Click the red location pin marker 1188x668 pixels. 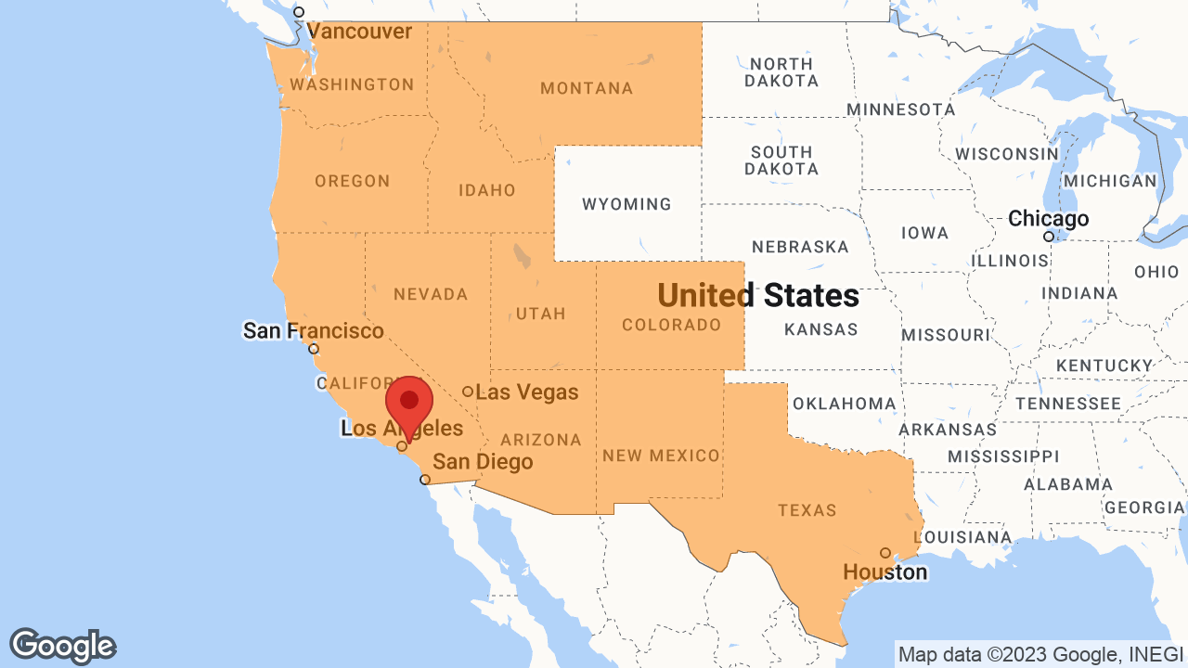(408, 405)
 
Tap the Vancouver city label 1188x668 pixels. (359, 32)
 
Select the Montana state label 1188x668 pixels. (587, 89)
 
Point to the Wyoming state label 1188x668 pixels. (626, 204)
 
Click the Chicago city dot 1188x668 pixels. (1049, 237)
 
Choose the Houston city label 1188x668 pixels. (885, 572)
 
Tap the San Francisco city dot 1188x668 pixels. (314, 350)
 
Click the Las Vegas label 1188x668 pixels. (526, 392)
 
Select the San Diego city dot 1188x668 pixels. (425, 480)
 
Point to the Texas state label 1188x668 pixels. (807, 510)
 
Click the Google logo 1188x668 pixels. (62, 646)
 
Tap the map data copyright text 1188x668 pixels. (1040, 654)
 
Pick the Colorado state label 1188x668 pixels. (671, 325)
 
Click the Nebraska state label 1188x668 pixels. (800, 247)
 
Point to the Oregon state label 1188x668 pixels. (352, 181)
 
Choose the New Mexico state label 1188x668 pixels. (661, 456)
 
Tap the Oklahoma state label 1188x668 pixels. (844, 404)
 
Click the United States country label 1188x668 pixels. (758, 296)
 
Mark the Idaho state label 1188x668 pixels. (486, 190)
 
